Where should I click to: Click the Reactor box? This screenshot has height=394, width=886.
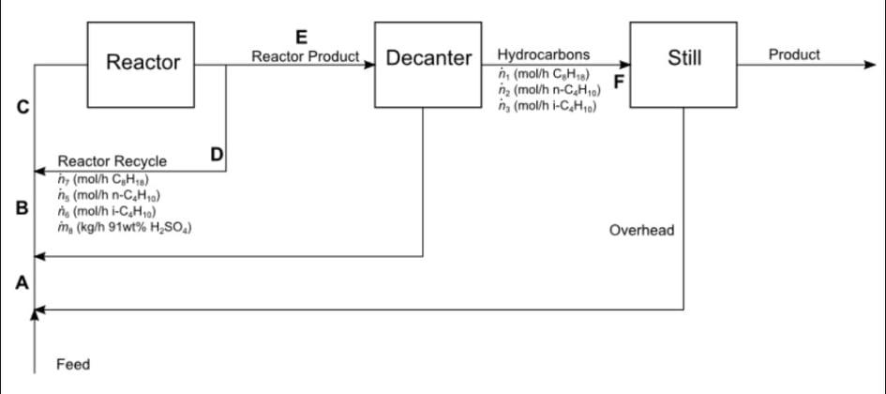(x=143, y=64)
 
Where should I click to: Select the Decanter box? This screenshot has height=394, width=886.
(x=428, y=59)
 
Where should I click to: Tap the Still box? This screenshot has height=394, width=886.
(x=683, y=59)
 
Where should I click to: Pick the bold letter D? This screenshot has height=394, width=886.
(x=217, y=155)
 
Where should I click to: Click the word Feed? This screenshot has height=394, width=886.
(x=73, y=364)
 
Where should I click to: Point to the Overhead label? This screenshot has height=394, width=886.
(x=641, y=230)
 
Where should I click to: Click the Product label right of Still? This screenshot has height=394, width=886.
(x=793, y=54)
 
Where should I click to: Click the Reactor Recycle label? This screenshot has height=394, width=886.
(x=113, y=162)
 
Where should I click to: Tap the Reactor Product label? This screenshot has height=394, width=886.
(x=306, y=56)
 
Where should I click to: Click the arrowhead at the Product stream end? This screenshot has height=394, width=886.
(x=869, y=65)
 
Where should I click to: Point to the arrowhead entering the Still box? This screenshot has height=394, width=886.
(x=624, y=65)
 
